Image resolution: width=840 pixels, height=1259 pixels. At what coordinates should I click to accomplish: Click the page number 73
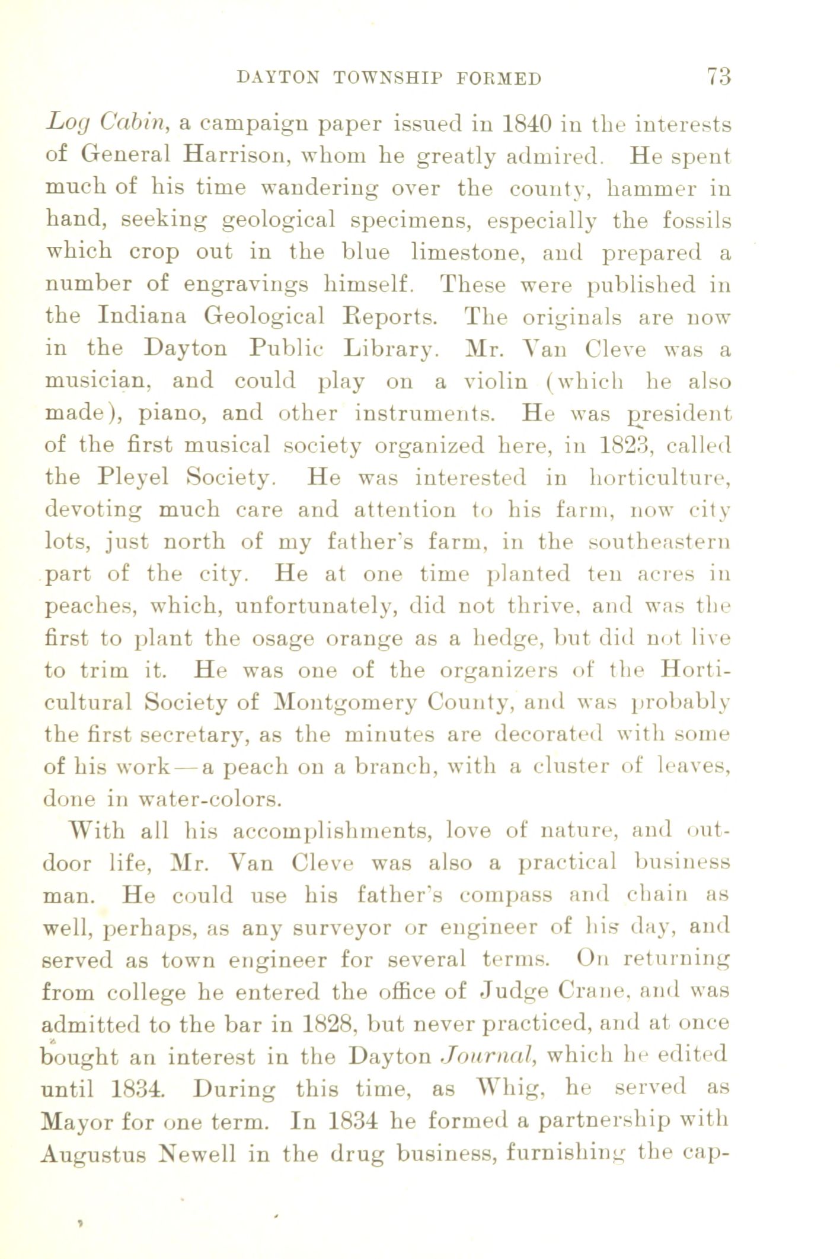(718, 77)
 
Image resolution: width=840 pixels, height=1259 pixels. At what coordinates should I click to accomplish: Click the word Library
(391, 349)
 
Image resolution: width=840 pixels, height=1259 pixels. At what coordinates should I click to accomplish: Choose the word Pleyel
(136, 476)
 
